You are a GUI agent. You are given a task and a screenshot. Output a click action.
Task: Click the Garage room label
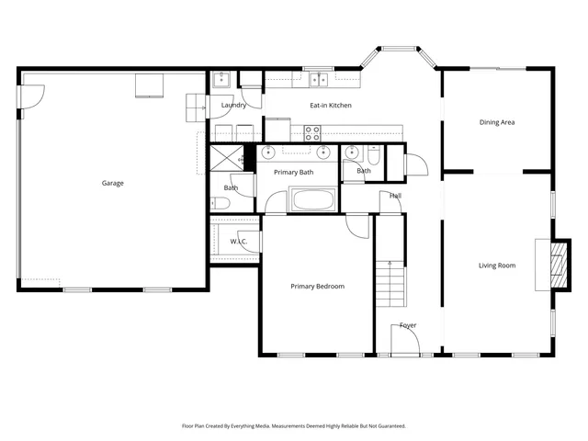point(112,183)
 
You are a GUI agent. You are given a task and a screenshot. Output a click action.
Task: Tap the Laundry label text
point(234,106)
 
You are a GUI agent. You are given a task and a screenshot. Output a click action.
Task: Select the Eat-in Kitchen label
point(330,106)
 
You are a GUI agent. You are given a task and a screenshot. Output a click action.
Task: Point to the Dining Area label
point(496,122)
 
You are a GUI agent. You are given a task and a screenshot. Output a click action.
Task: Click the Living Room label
point(496,266)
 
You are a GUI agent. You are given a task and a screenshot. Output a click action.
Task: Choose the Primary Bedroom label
point(317,287)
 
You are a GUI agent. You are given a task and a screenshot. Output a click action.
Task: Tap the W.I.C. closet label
point(239,243)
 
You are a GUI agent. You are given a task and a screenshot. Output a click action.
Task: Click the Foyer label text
point(408,325)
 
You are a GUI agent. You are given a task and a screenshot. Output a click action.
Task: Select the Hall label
point(395,196)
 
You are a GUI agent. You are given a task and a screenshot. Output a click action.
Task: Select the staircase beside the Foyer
point(390,282)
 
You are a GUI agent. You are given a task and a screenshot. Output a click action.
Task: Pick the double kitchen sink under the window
point(319,80)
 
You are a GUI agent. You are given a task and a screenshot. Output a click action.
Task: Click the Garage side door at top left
point(34,95)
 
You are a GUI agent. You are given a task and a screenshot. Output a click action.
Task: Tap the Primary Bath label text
point(293,172)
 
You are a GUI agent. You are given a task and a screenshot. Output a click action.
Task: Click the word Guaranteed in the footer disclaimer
point(388,426)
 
